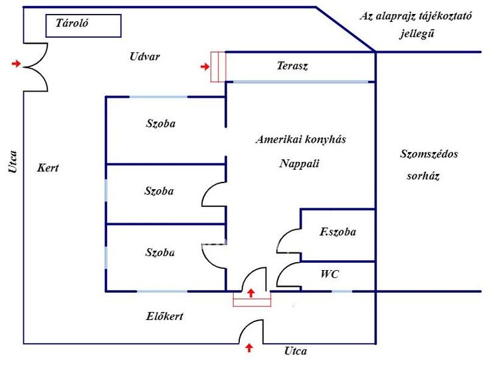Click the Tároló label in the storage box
(x=72, y=23)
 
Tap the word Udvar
(x=145, y=56)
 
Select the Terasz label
(x=292, y=66)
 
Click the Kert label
(x=48, y=168)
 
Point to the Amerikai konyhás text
(x=301, y=139)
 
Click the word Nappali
(x=300, y=163)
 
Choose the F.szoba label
(x=338, y=232)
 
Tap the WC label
(x=330, y=273)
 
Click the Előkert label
(x=164, y=317)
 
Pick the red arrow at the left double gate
(x=17, y=64)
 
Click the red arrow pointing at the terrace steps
(x=205, y=66)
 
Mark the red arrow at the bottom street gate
(x=249, y=347)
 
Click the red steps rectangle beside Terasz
(x=219, y=66)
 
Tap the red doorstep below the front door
(x=252, y=301)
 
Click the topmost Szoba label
(x=164, y=123)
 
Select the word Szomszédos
(x=429, y=154)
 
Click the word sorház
(x=423, y=177)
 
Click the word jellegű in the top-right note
(x=417, y=33)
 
